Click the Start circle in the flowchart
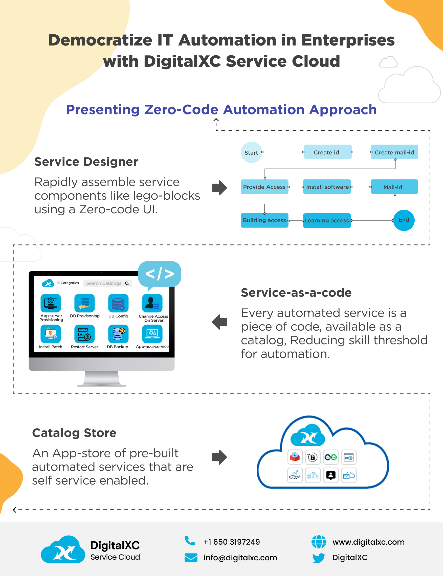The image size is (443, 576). coord(251,152)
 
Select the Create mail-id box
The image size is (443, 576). coord(394,152)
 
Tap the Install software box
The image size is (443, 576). coord(327,187)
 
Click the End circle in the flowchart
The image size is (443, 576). coord(404,220)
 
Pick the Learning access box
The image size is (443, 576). coord(327,220)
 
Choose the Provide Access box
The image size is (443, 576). coord(264,187)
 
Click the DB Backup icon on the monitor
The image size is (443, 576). coord(118,334)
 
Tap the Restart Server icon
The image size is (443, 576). coord(84,334)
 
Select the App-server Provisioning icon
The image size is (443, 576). coord(51,303)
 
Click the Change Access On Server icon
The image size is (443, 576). coord(152,303)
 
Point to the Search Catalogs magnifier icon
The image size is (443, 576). coord(127,283)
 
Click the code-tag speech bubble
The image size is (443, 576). coord(160,274)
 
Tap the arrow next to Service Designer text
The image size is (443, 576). coord(219,188)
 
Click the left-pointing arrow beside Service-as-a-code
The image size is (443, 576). coord(219,321)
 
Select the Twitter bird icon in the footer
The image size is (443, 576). coord(319,558)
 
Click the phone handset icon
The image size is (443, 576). coord(190,541)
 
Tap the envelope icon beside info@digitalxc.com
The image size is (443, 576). coord(191,557)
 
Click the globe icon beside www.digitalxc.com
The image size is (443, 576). coord(319,541)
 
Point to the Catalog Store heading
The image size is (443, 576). coord(74,433)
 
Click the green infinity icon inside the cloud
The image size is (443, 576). coord(330,457)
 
